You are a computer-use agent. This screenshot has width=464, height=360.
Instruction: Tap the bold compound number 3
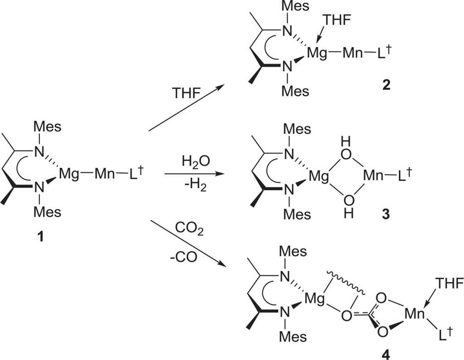pyautogui.click(x=386, y=214)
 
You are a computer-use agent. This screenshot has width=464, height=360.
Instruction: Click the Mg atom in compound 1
pyautogui.click(x=71, y=175)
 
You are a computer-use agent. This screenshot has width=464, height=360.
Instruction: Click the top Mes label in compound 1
pyautogui.click(x=48, y=126)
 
